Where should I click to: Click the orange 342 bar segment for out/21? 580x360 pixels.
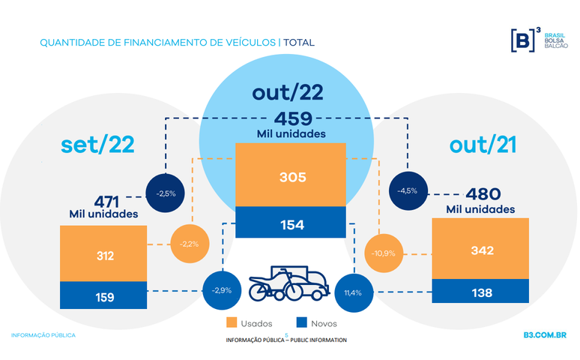[x=480, y=249]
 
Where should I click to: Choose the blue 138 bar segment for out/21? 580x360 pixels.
[x=480, y=292]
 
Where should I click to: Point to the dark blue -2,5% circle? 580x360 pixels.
[x=166, y=193]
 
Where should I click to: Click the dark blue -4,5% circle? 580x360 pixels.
[x=407, y=190]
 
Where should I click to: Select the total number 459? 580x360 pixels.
[x=292, y=118]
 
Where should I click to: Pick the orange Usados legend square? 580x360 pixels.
[x=232, y=323]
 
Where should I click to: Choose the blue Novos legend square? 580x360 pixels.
[x=302, y=323]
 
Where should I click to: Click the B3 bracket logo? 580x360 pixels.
[x=522, y=40]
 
